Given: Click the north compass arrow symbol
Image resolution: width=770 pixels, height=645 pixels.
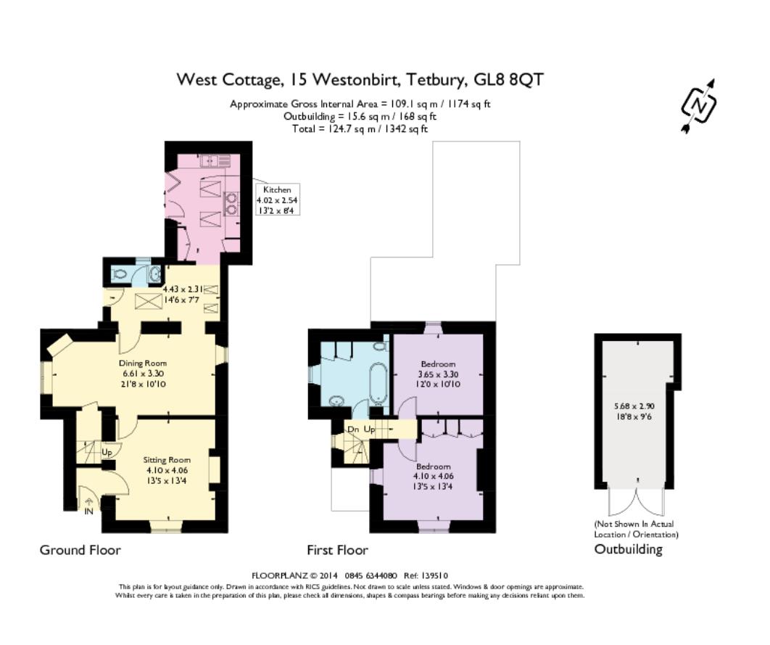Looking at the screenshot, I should (x=699, y=106).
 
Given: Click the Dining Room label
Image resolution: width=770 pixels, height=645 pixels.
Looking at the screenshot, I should (x=143, y=363).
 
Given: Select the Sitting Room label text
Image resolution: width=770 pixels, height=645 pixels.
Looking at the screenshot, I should (x=167, y=460).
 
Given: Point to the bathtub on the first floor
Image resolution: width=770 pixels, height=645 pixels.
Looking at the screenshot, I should (x=377, y=383).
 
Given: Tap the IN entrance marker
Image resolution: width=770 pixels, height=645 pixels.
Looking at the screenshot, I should (x=88, y=511).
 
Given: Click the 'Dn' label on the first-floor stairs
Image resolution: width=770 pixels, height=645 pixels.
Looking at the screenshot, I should (x=352, y=430).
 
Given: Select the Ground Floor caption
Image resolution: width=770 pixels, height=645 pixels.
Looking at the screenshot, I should (x=80, y=550).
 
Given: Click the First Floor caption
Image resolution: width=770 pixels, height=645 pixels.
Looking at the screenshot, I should (x=337, y=550).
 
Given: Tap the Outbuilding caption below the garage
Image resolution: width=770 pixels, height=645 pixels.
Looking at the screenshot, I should (x=628, y=549).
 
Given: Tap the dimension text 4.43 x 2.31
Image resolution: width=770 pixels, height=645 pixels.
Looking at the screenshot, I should (x=186, y=289).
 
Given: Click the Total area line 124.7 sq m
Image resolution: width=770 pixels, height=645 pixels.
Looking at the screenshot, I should (x=360, y=128).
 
